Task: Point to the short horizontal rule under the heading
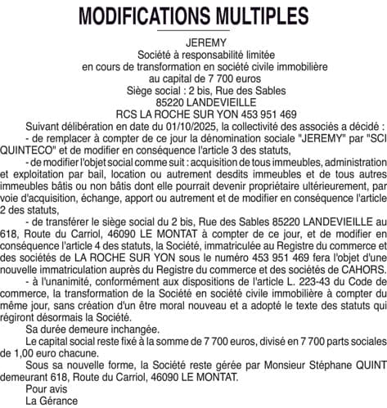193,32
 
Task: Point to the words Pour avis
43,389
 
